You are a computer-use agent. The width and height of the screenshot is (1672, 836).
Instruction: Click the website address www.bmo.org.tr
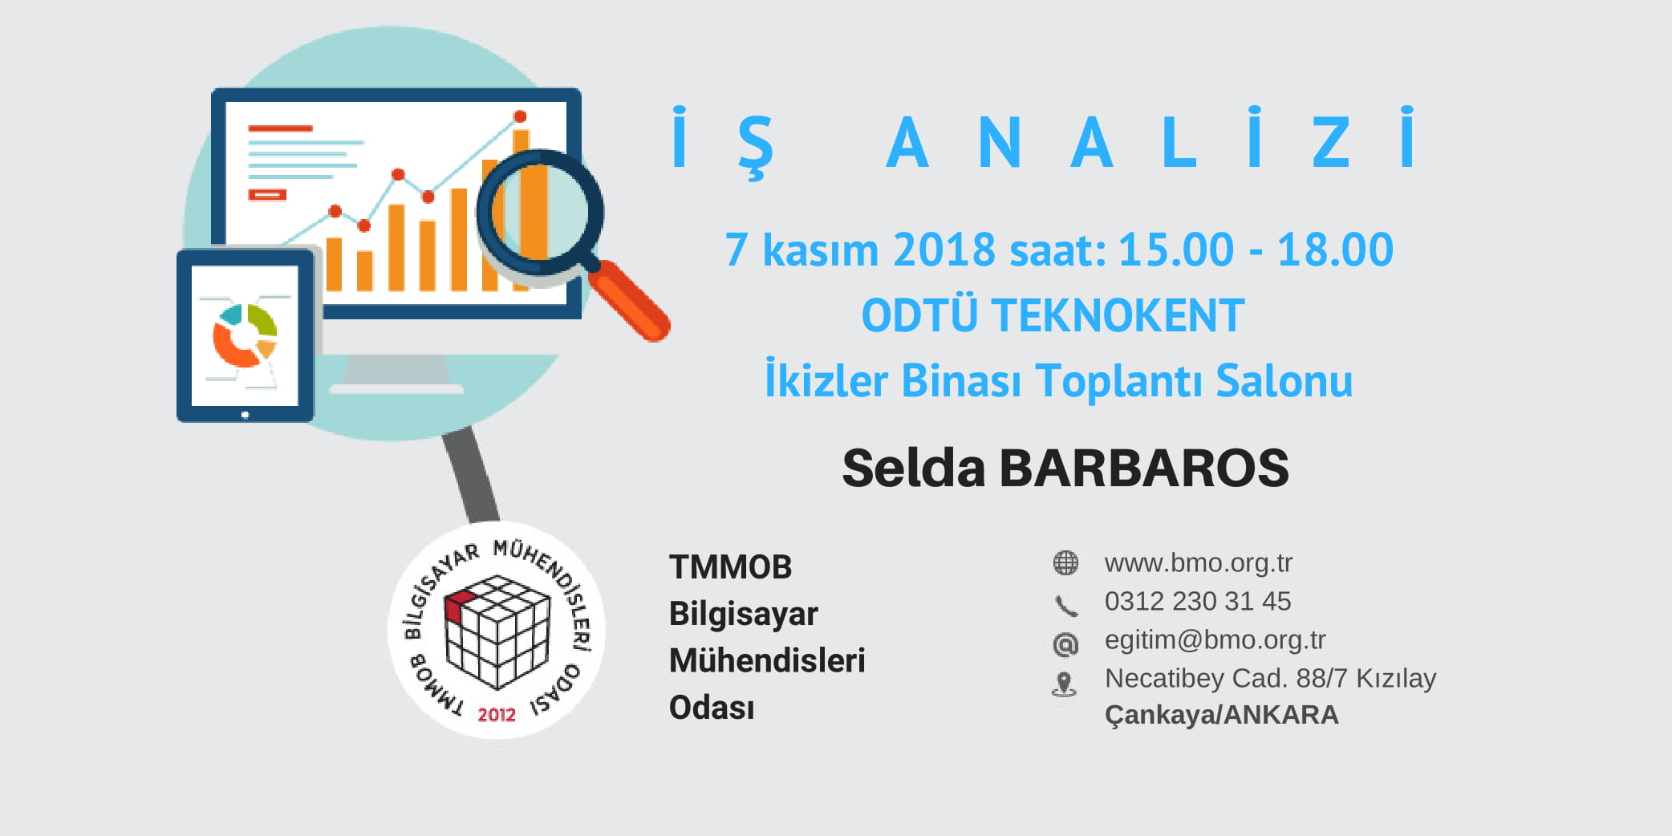tap(1198, 563)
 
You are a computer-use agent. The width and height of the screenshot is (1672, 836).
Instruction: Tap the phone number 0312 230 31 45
tap(1198, 601)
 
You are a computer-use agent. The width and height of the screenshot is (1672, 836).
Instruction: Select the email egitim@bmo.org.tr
tap(1215, 640)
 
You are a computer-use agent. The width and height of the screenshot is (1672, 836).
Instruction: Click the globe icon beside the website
tap(1065, 563)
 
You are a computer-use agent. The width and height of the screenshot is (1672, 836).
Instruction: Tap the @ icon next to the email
tap(1065, 643)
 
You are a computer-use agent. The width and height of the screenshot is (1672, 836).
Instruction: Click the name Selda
tap(913, 468)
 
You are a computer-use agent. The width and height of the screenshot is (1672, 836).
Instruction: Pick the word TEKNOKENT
tap(1118, 315)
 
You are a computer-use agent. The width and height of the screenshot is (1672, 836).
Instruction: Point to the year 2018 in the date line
tap(944, 250)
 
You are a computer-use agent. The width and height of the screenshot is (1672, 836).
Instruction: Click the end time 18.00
tap(1335, 250)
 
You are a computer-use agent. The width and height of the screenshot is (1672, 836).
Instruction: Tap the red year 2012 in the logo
tap(497, 714)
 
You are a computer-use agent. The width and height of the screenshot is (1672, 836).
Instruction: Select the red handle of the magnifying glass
tap(630, 301)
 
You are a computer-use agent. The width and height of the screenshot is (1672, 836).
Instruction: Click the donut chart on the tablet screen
tap(245, 335)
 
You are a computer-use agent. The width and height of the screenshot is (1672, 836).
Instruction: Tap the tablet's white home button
tap(245, 415)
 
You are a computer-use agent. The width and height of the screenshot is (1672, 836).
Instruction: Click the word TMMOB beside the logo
tap(730, 567)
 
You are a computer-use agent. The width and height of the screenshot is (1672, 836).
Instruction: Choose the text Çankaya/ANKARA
tap(1221, 715)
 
